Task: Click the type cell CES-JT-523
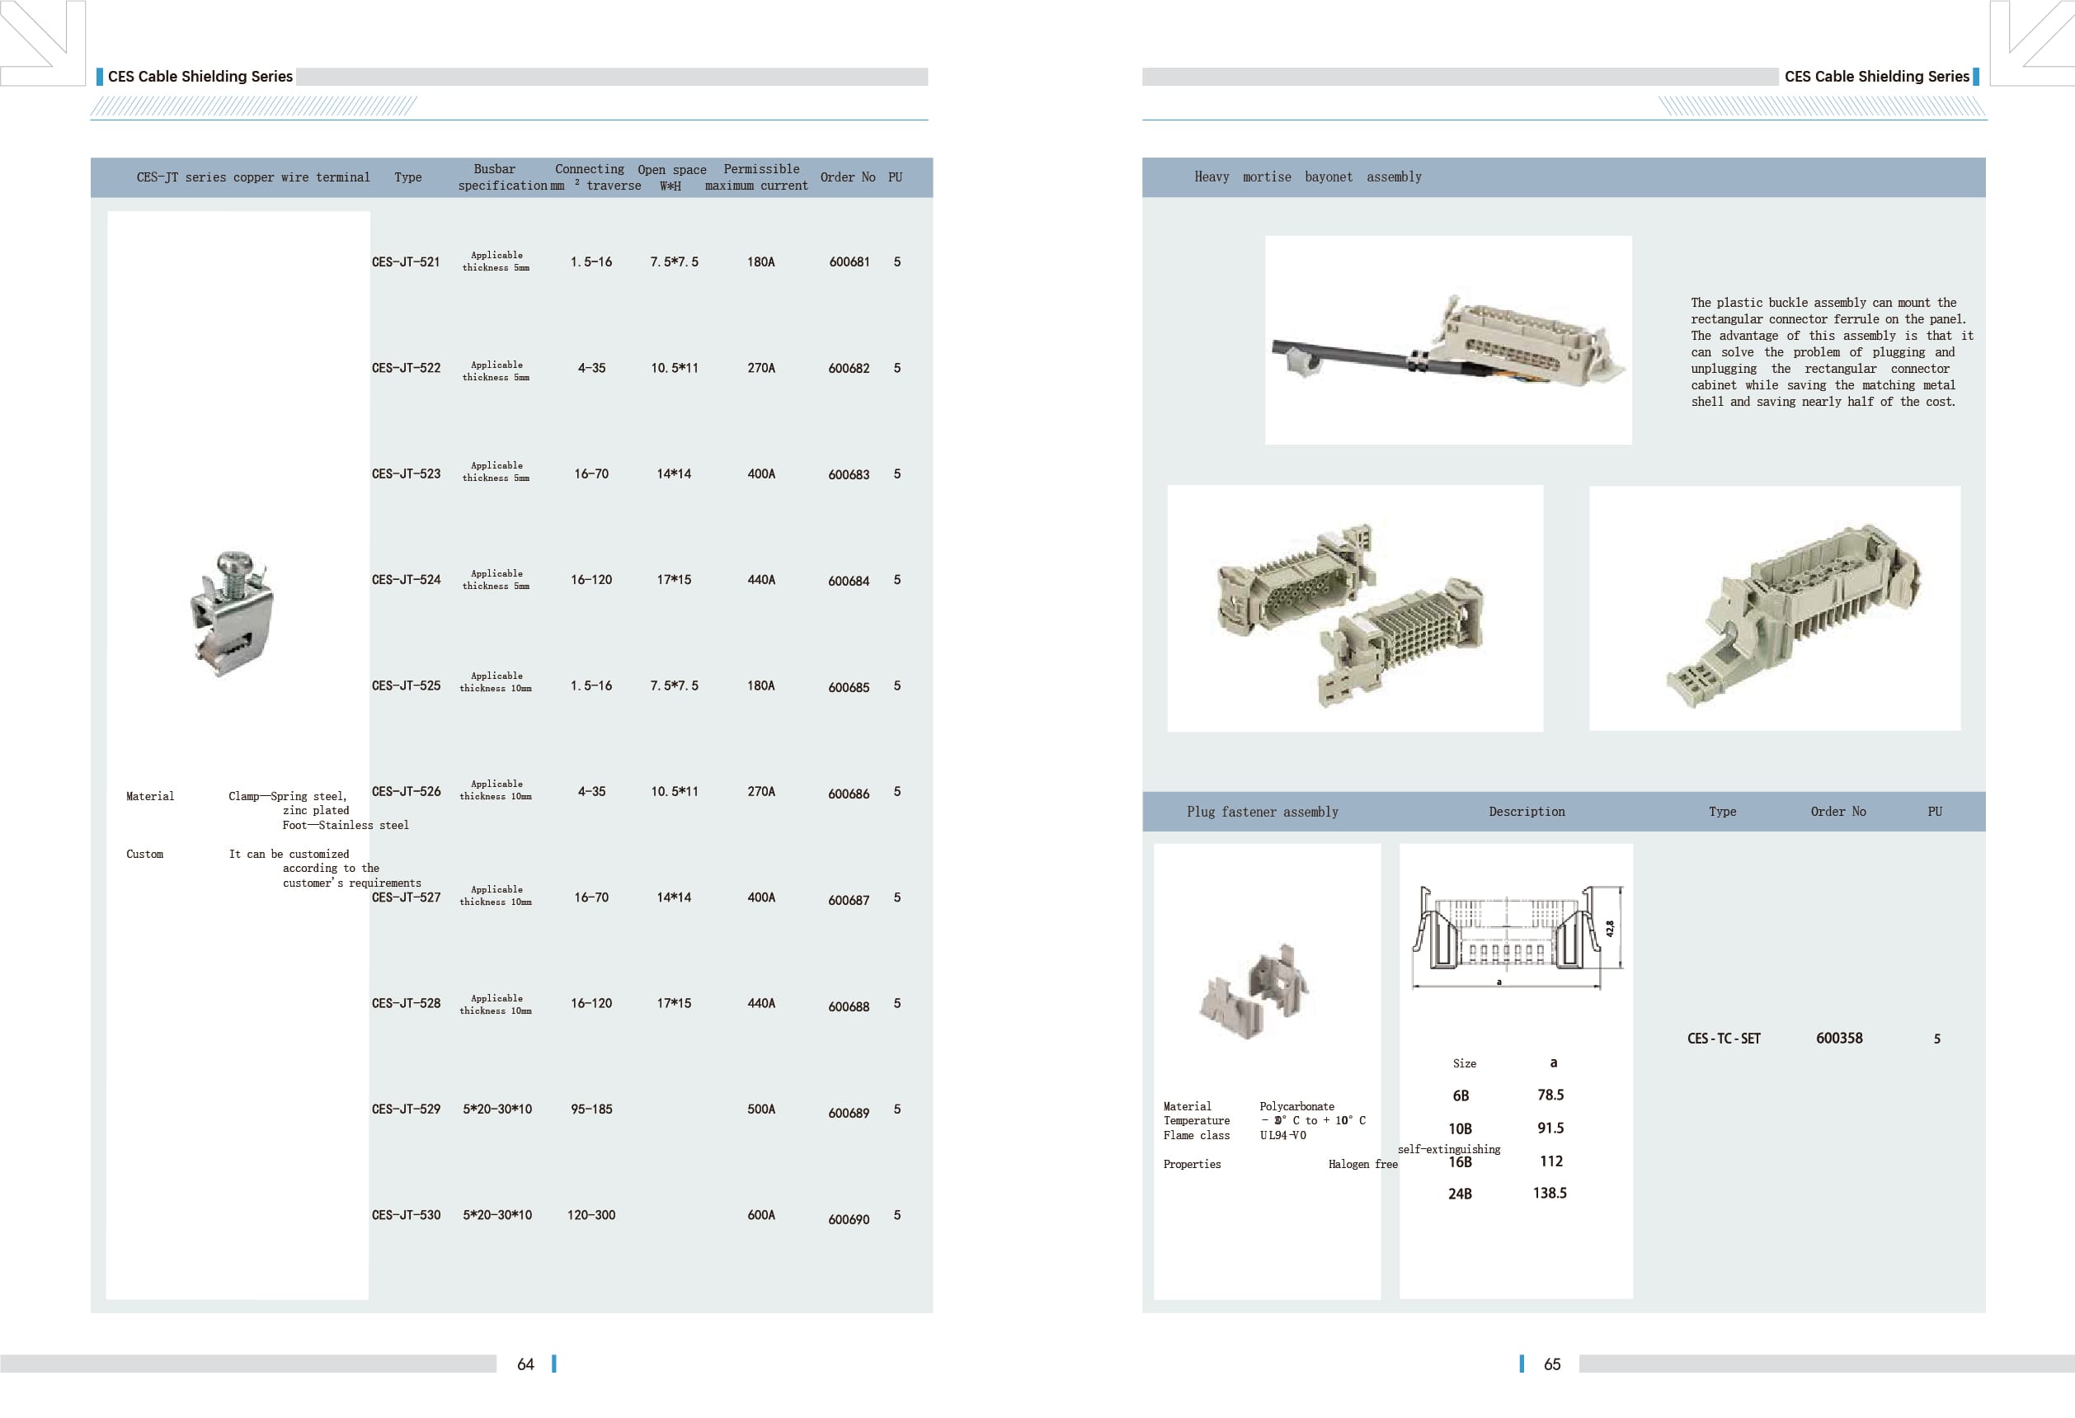pos(407,474)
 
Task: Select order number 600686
pos(848,794)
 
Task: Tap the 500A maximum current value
pos(760,1109)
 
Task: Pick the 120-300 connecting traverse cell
pos(591,1215)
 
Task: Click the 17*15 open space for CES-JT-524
pos(674,580)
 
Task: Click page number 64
pos(526,1364)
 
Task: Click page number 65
pos(1553,1364)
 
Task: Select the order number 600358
pos(1839,1038)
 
